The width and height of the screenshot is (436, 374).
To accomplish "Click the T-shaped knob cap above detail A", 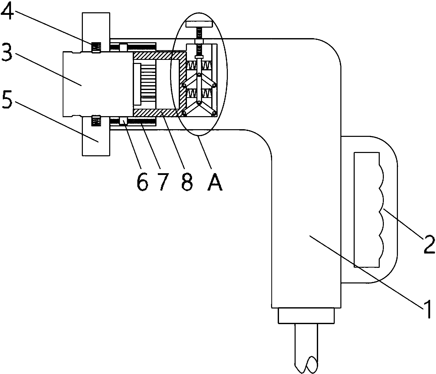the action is [199, 24].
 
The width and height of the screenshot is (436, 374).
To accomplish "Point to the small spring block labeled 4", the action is [96, 47].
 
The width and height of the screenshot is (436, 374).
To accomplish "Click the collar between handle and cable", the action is [306, 316].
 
